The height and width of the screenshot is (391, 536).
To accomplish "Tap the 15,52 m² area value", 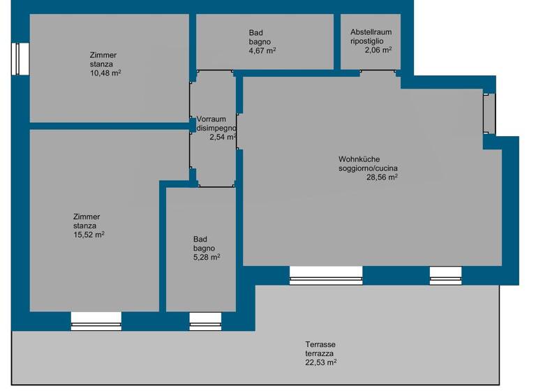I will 89,234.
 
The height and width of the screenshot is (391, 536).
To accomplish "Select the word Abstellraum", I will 371,32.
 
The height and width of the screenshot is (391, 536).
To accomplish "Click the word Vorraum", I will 211,119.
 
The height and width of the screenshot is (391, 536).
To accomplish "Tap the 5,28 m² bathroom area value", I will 207,257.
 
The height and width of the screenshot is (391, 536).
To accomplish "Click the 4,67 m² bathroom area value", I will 262,50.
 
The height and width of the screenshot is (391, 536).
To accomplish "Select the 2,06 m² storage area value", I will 378,50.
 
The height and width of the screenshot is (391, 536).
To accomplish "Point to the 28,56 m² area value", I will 382,177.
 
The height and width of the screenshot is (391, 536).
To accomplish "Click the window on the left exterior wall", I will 21,59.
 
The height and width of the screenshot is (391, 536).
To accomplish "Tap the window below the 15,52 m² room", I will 96,320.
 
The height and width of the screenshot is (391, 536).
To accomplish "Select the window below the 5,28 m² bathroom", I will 206,320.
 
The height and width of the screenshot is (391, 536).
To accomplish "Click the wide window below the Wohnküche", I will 326,275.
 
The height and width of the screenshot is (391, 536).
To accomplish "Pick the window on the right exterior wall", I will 489,114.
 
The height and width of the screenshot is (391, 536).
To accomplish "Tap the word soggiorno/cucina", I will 368,168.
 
